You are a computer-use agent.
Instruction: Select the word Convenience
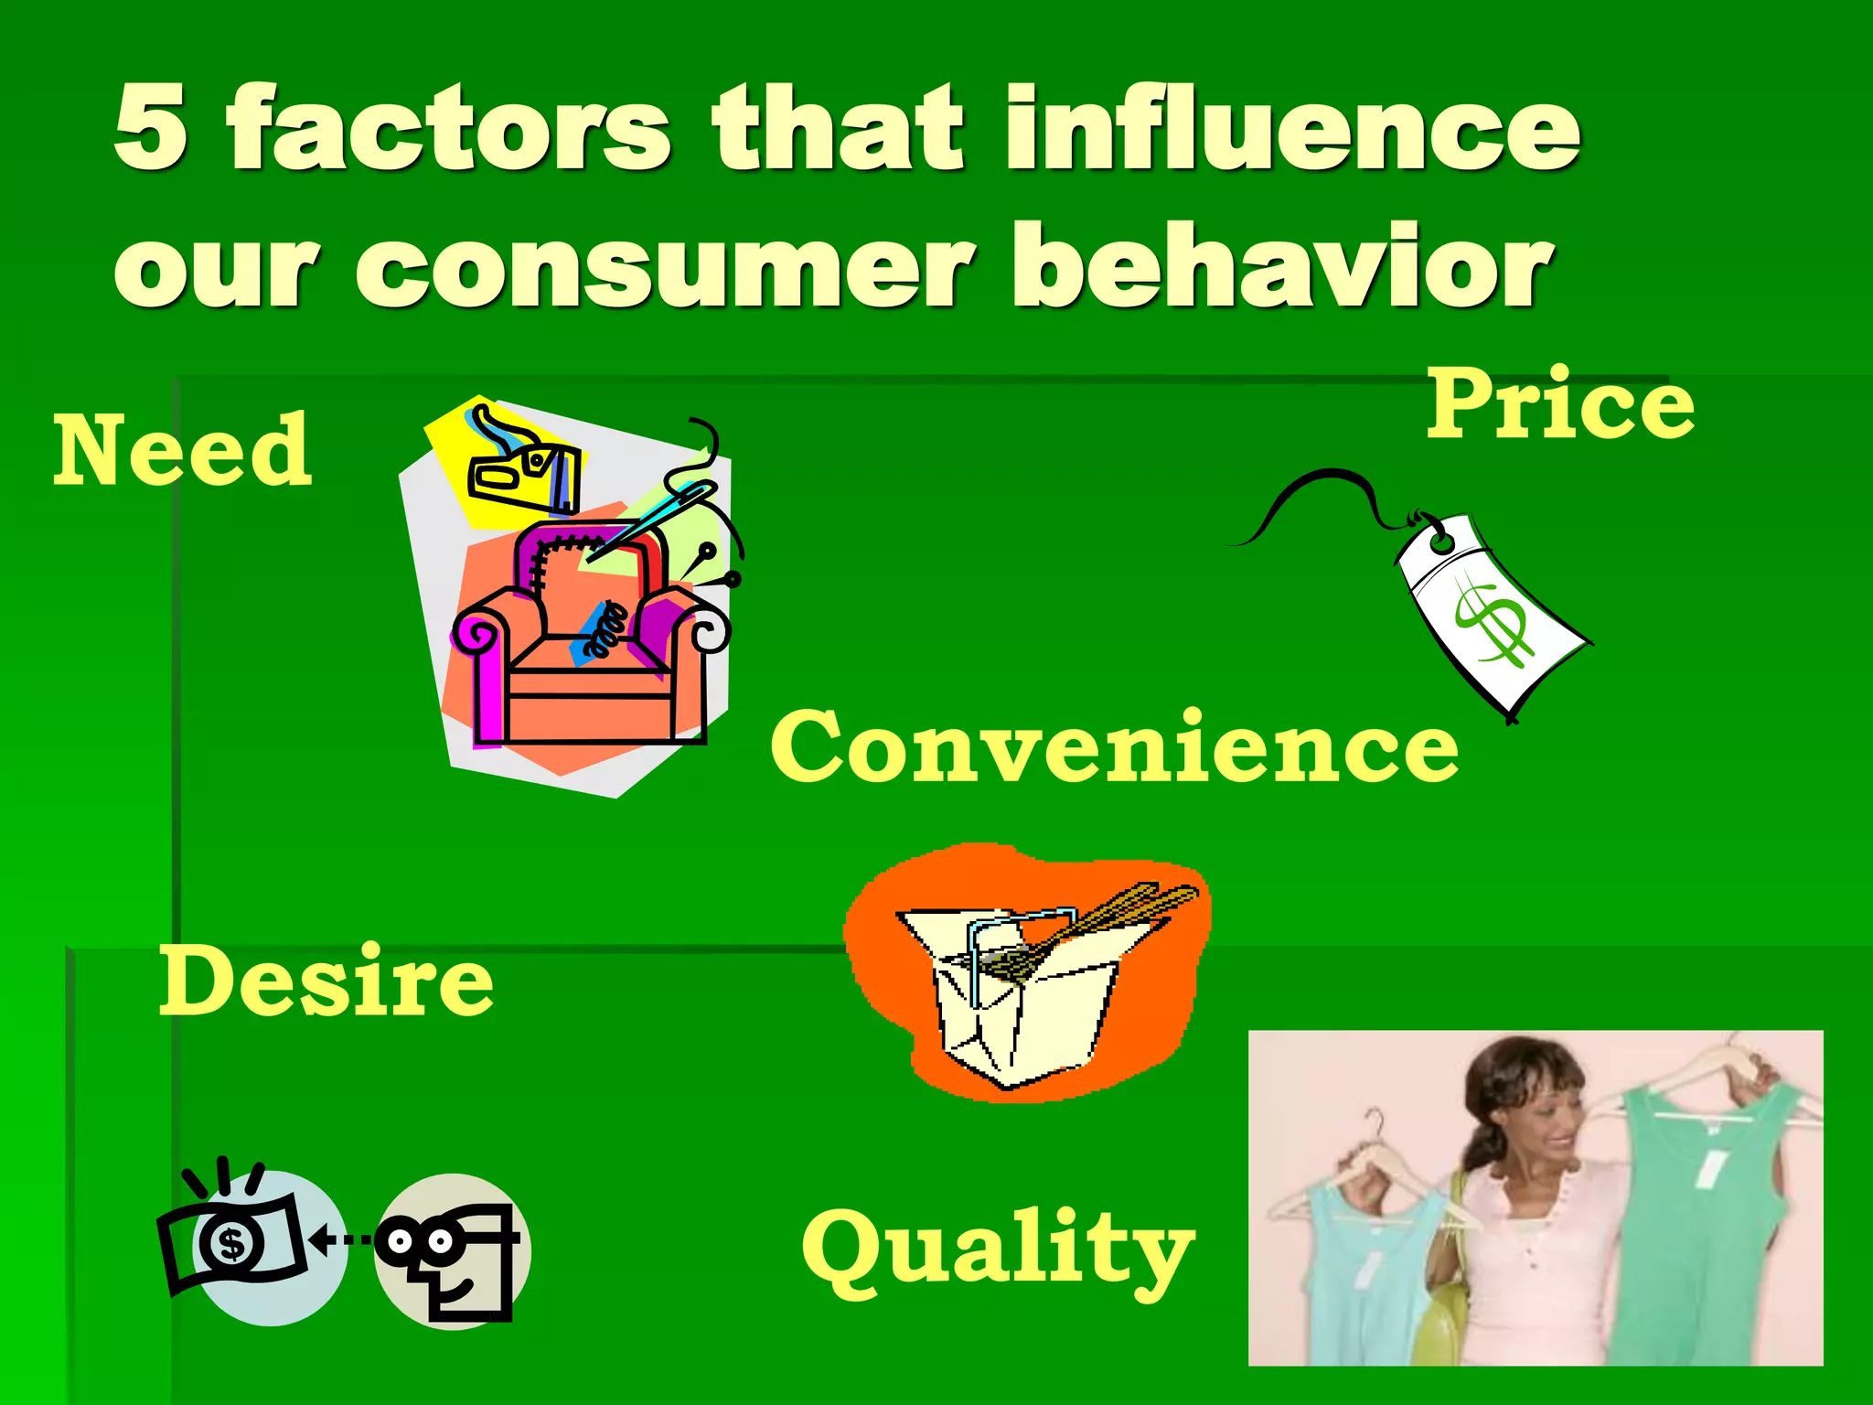click(1114, 747)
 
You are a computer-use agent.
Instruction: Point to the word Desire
click(326, 981)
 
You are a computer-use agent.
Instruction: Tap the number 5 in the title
click(152, 128)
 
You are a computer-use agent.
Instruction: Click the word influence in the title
click(1292, 128)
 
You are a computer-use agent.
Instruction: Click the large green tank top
click(1701, 1217)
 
